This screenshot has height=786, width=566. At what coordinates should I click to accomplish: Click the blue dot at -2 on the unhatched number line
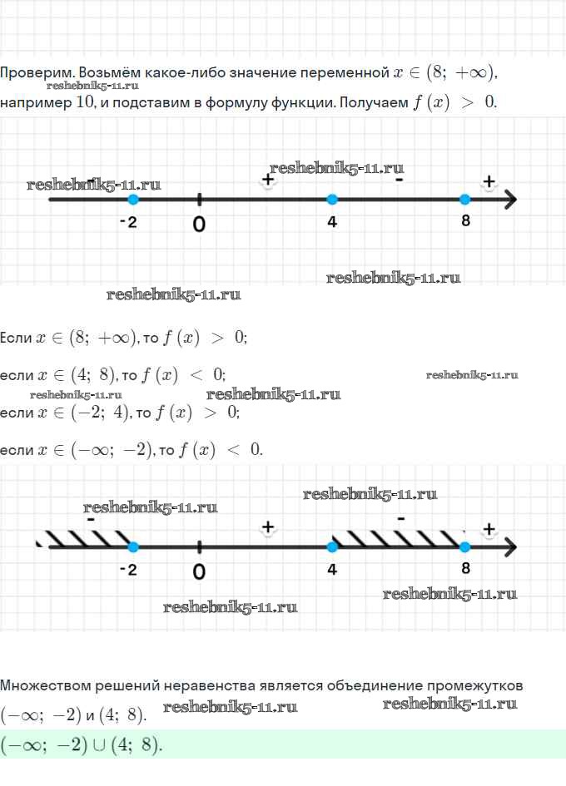coord(133,200)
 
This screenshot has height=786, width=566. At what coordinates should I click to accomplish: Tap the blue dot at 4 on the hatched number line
coord(332,546)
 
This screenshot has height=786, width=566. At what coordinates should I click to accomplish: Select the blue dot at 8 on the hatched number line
coord(464,546)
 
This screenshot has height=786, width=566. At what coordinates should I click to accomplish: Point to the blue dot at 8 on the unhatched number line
coord(464,200)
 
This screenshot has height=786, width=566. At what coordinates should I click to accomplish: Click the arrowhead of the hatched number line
coord(510,546)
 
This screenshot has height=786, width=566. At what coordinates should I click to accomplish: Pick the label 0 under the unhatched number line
coord(199,224)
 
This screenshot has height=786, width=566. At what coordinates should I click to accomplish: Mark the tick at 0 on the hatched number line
coord(200,546)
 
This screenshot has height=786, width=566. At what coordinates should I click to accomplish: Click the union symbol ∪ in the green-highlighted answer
coord(101,745)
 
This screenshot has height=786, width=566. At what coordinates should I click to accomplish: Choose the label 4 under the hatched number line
coord(332,570)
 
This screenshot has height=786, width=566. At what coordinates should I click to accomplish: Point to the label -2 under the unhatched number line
coord(127,222)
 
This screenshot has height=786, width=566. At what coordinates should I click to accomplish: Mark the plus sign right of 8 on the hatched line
coord(489,528)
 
